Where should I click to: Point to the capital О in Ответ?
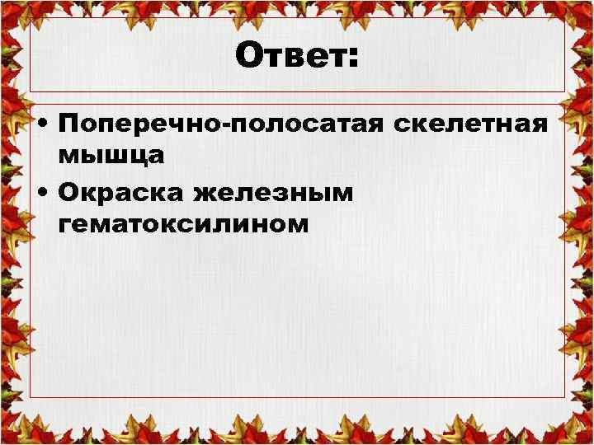pyautogui.click(x=248, y=57)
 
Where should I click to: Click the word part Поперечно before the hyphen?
pyautogui.click(x=144, y=126)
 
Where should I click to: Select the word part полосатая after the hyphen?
pyautogui.click(x=309, y=126)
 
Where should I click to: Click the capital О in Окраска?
pyautogui.click(x=71, y=192)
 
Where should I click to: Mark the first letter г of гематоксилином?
pyautogui.click(x=66, y=225)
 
